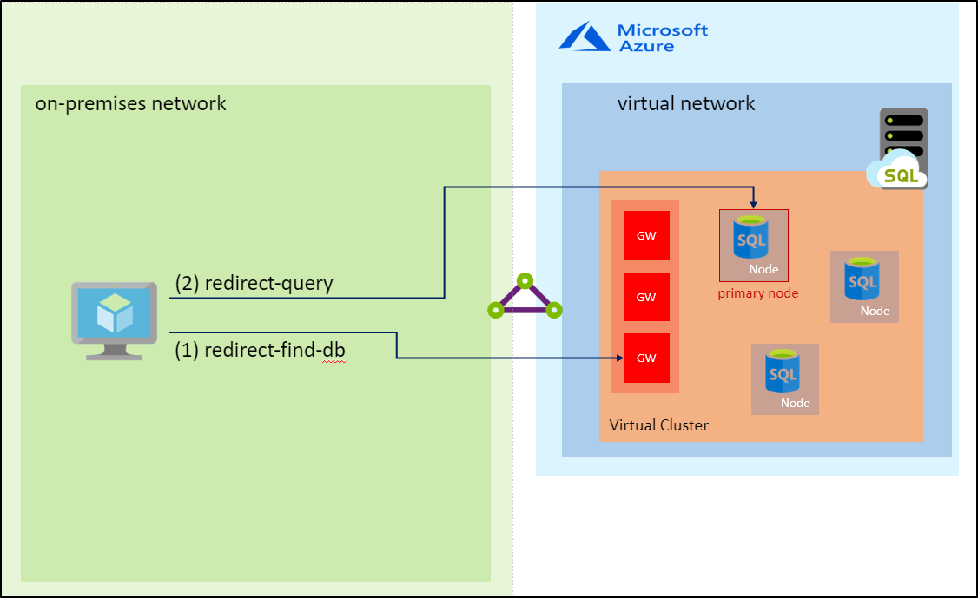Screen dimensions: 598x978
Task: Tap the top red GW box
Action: [646, 235]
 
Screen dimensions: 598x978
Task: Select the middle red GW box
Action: [646, 297]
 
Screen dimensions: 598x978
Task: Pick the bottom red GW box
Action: [646, 358]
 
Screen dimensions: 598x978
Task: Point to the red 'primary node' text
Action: [757, 293]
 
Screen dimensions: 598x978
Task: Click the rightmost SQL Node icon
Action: [863, 286]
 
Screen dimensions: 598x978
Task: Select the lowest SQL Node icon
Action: [784, 378]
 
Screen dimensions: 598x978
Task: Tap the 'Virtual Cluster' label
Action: [658, 425]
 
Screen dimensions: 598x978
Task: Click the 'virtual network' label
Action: [686, 104]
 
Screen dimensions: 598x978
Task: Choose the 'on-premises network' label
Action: [130, 104]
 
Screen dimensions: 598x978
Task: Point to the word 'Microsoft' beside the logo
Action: [663, 30]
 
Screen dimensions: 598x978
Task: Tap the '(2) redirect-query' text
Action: [254, 284]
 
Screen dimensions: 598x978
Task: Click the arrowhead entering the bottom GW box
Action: [620, 358]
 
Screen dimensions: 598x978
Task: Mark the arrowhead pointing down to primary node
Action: [754, 204]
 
